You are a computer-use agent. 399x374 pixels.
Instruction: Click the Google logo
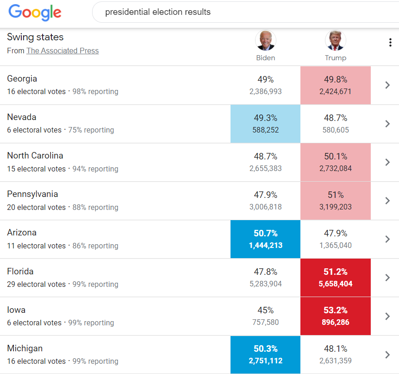(x=35, y=13)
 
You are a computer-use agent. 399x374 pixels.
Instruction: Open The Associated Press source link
(x=62, y=51)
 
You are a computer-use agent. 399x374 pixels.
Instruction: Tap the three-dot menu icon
(x=390, y=43)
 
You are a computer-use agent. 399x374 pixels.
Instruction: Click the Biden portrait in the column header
(x=265, y=41)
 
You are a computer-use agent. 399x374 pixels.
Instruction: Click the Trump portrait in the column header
(x=335, y=41)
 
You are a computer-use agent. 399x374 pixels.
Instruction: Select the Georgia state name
(x=22, y=79)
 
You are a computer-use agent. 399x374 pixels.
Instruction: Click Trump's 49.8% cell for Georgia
(x=335, y=85)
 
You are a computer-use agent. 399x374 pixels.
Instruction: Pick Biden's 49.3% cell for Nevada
(x=265, y=123)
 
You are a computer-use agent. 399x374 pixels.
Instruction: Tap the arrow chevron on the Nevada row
(x=387, y=124)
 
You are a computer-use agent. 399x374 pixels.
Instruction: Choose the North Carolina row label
(x=35, y=156)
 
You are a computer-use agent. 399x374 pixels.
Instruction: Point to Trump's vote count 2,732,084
(x=335, y=169)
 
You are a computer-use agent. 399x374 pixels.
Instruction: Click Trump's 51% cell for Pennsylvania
(x=335, y=200)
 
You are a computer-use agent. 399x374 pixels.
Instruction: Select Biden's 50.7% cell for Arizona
(x=265, y=239)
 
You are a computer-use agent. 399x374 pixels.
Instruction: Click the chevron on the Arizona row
(x=387, y=239)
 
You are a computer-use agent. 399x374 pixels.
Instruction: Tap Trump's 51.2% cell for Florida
(x=335, y=277)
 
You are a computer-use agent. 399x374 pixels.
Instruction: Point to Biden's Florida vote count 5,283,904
(x=265, y=284)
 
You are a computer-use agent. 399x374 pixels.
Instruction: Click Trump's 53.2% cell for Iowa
(x=335, y=316)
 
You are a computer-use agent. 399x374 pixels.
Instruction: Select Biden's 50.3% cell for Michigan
(x=265, y=354)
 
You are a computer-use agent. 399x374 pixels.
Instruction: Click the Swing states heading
(x=35, y=37)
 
